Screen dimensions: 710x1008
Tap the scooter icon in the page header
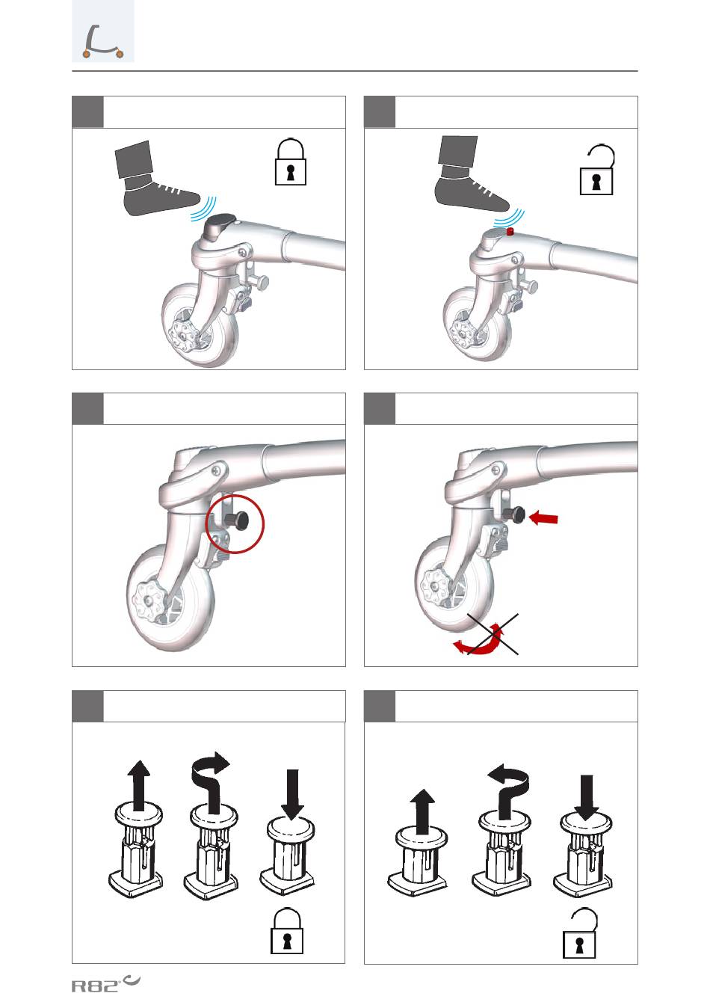(103, 42)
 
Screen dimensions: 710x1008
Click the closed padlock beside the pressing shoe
(291, 162)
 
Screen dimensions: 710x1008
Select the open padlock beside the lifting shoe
(596, 170)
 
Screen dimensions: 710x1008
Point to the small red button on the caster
(510, 232)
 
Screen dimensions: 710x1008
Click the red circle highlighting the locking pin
(235, 523)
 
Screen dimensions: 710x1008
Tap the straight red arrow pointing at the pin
(543, 518)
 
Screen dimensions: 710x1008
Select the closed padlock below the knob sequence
(287, 931)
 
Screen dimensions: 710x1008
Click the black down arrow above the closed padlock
(292, 795)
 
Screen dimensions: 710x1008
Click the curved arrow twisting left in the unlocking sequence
(509, 792)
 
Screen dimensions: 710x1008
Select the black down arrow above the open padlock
(587, 798)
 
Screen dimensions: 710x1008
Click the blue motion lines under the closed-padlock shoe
(203, 209)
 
